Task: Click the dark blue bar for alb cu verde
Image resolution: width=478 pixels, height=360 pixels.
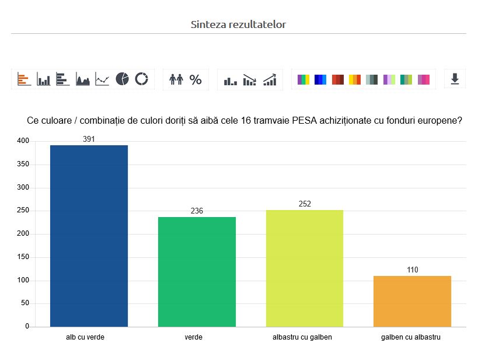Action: point(89,236)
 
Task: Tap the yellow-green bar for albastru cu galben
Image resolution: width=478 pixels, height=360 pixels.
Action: point(305,268)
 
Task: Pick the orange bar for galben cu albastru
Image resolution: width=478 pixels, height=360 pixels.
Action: point(412,301)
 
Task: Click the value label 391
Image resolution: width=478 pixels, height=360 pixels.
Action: point(89,139)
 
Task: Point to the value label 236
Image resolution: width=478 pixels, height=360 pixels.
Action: point(197,211)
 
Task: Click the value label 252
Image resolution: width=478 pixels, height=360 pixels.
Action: point(305,204)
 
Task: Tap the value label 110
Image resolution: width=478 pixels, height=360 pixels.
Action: point(412,270)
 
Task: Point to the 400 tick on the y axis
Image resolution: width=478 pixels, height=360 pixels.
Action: point(23,141)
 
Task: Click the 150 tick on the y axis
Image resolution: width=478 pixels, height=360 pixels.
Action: point(23,257)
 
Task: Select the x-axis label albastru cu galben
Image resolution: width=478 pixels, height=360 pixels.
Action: point(302,337)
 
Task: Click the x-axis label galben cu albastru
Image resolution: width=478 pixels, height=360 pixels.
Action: point(410,337)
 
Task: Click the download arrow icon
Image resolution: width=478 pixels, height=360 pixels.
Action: point(455,79)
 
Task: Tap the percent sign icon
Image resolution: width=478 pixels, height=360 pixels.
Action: point(196,79)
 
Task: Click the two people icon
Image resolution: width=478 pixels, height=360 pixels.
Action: point(176,79)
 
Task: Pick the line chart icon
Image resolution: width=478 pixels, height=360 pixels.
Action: point(102,79)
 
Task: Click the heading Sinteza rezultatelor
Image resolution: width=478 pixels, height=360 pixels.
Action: point(238,25)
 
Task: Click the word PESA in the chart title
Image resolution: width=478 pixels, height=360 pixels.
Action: point(306,121)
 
